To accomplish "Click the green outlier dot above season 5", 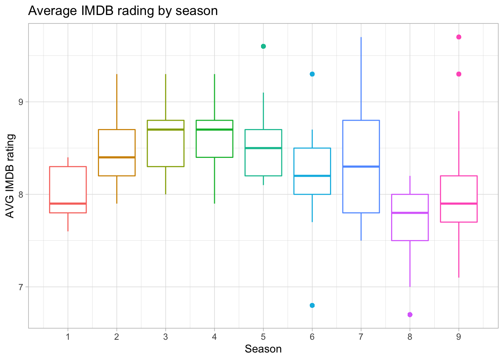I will [263, 46].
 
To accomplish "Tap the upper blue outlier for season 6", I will [312, 74].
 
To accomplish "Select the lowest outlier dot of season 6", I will [312, 305].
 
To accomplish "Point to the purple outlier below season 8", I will [410, 315].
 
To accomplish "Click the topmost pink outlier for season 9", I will [459, 37].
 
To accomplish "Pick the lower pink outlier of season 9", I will [459, 74].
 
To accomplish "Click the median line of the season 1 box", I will [68, 204].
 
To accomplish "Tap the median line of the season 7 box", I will [361, 166].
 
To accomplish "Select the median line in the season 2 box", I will [117, 157].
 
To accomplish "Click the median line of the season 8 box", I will [410, 213].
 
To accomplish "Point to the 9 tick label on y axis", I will [21, 102].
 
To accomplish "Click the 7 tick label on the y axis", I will [21, 287].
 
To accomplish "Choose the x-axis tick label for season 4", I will [214, 337].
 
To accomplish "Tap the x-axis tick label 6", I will [312, 337].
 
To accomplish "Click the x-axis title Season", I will [263, 349].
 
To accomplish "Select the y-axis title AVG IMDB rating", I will [10, 176].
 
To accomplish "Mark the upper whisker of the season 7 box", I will [361, 79].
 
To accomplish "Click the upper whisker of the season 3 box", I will [165, 97].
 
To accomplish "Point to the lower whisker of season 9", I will [459, 250].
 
